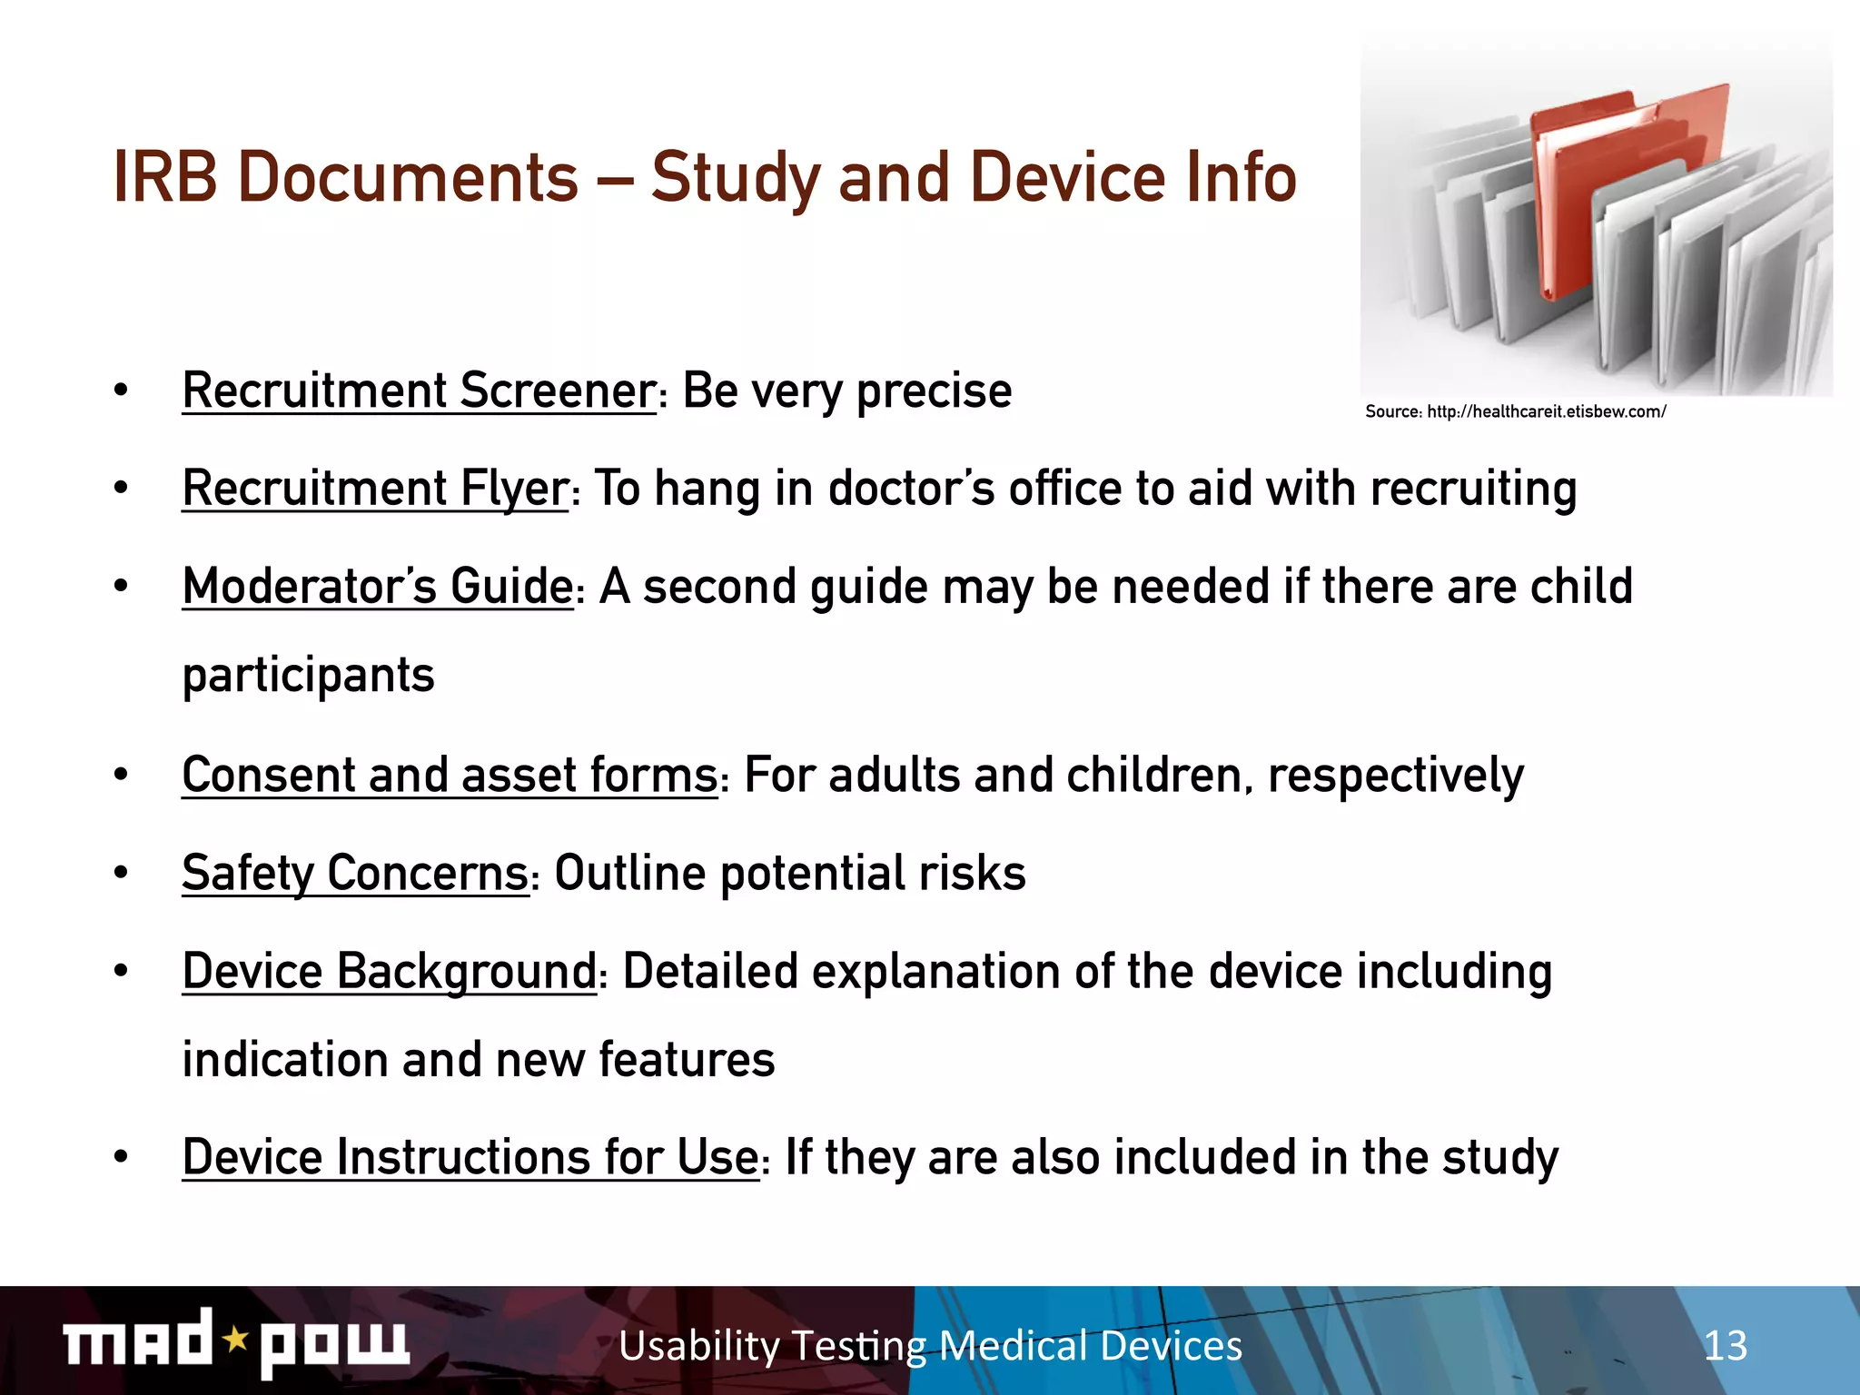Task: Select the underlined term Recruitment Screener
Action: (419, 391)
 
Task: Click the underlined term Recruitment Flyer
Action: (375, 490)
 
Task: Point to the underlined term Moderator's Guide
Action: (378, 587)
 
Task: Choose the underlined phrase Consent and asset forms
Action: (450, 777)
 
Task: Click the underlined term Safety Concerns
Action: (355, 874)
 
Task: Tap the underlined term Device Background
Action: (389, 972)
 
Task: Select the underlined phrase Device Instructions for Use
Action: (470, 1158)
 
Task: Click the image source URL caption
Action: (1515, 412)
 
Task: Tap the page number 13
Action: (1725, 1346)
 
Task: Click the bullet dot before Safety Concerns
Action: (121, 874)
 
